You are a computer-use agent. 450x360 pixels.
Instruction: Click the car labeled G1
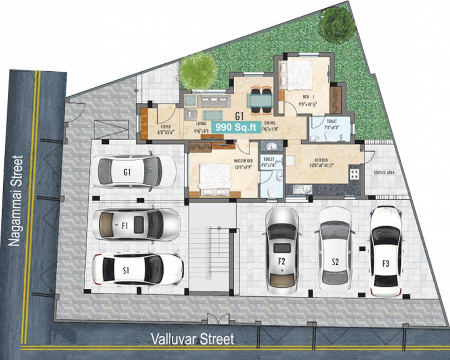point(134,172)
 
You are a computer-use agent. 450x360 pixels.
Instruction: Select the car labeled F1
point(136,225)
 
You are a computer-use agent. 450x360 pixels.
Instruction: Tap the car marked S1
point(137,270)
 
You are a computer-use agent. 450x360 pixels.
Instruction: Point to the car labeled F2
point(281,250)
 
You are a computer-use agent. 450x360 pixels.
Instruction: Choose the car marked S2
point(335,249)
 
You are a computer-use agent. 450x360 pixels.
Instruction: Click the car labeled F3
point(386,252)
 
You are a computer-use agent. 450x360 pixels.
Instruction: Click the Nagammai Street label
point(16,200)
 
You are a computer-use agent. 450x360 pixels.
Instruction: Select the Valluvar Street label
point(192,339)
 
